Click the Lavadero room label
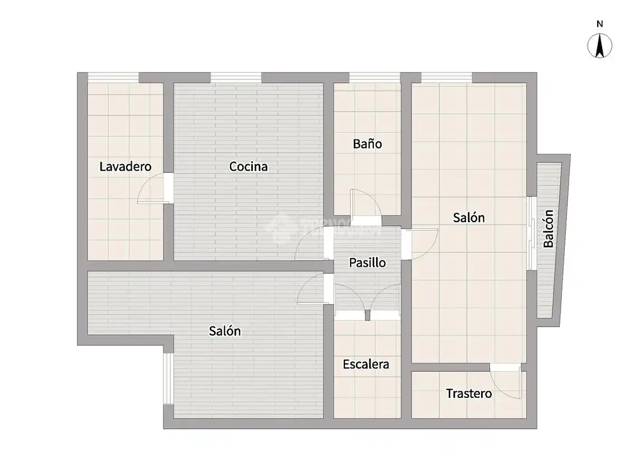(125, 166)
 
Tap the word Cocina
(248, 166)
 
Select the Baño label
(367, 143)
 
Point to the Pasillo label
(367, 262)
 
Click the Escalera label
(366, 364)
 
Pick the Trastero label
(469, 393)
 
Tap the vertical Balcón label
(549, 228)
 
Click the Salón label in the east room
(469, 217)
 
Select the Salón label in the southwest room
(225, 331)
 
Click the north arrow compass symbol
(600, 46)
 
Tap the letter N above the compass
(600, 24)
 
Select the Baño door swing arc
(366, 201)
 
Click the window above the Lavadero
(113, 78)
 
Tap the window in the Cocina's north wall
(236, 78)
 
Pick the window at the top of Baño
(374, 78)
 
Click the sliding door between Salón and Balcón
(531, 233)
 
